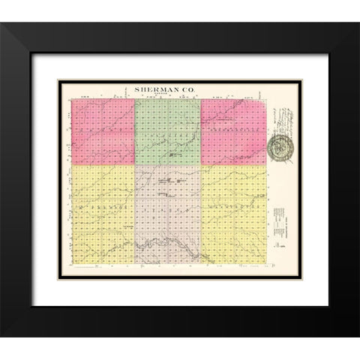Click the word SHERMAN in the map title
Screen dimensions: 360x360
pos(154,90)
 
